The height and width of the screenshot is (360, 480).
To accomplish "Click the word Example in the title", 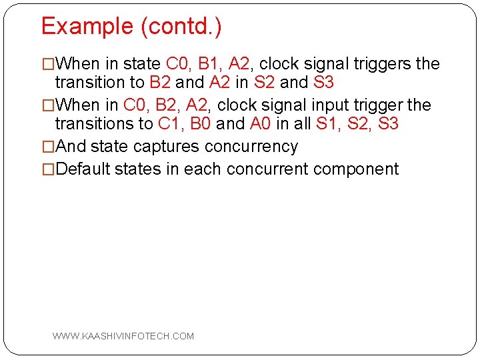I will tap(87, 27).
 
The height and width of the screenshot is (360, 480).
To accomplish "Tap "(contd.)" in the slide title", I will tap(181, 27).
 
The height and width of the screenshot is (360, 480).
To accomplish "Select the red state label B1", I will tap(209, 64).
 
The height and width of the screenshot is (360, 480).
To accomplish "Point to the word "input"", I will tap(341, 105).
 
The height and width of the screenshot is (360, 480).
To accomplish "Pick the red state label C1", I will tap(171, 124).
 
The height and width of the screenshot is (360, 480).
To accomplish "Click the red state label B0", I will tap(201, 124).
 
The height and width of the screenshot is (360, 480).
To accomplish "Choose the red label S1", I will tap(327, 124).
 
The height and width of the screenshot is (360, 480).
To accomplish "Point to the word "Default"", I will tap(83, 169).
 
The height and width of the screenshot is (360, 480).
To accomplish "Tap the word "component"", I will tap(356, 169).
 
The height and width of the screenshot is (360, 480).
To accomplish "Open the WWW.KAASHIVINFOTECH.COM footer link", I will tap(123, 336).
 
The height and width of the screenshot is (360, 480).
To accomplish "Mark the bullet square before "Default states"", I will tap(48, 169).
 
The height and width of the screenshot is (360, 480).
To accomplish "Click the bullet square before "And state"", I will tap(48, 147).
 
